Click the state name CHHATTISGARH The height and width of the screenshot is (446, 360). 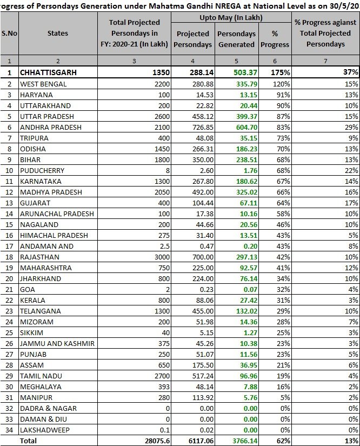pos(49,72)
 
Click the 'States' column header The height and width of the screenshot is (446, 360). pos(57,33)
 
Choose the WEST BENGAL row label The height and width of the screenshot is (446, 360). pos(43,84)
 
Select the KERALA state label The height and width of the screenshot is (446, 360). pos(32,299)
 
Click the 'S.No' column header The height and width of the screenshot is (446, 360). pos(9,33)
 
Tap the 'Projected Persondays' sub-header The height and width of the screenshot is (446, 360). pos(193,39)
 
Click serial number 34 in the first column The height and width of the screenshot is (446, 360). pos(9,430)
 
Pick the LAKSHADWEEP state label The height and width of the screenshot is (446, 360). pos(44,430)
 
